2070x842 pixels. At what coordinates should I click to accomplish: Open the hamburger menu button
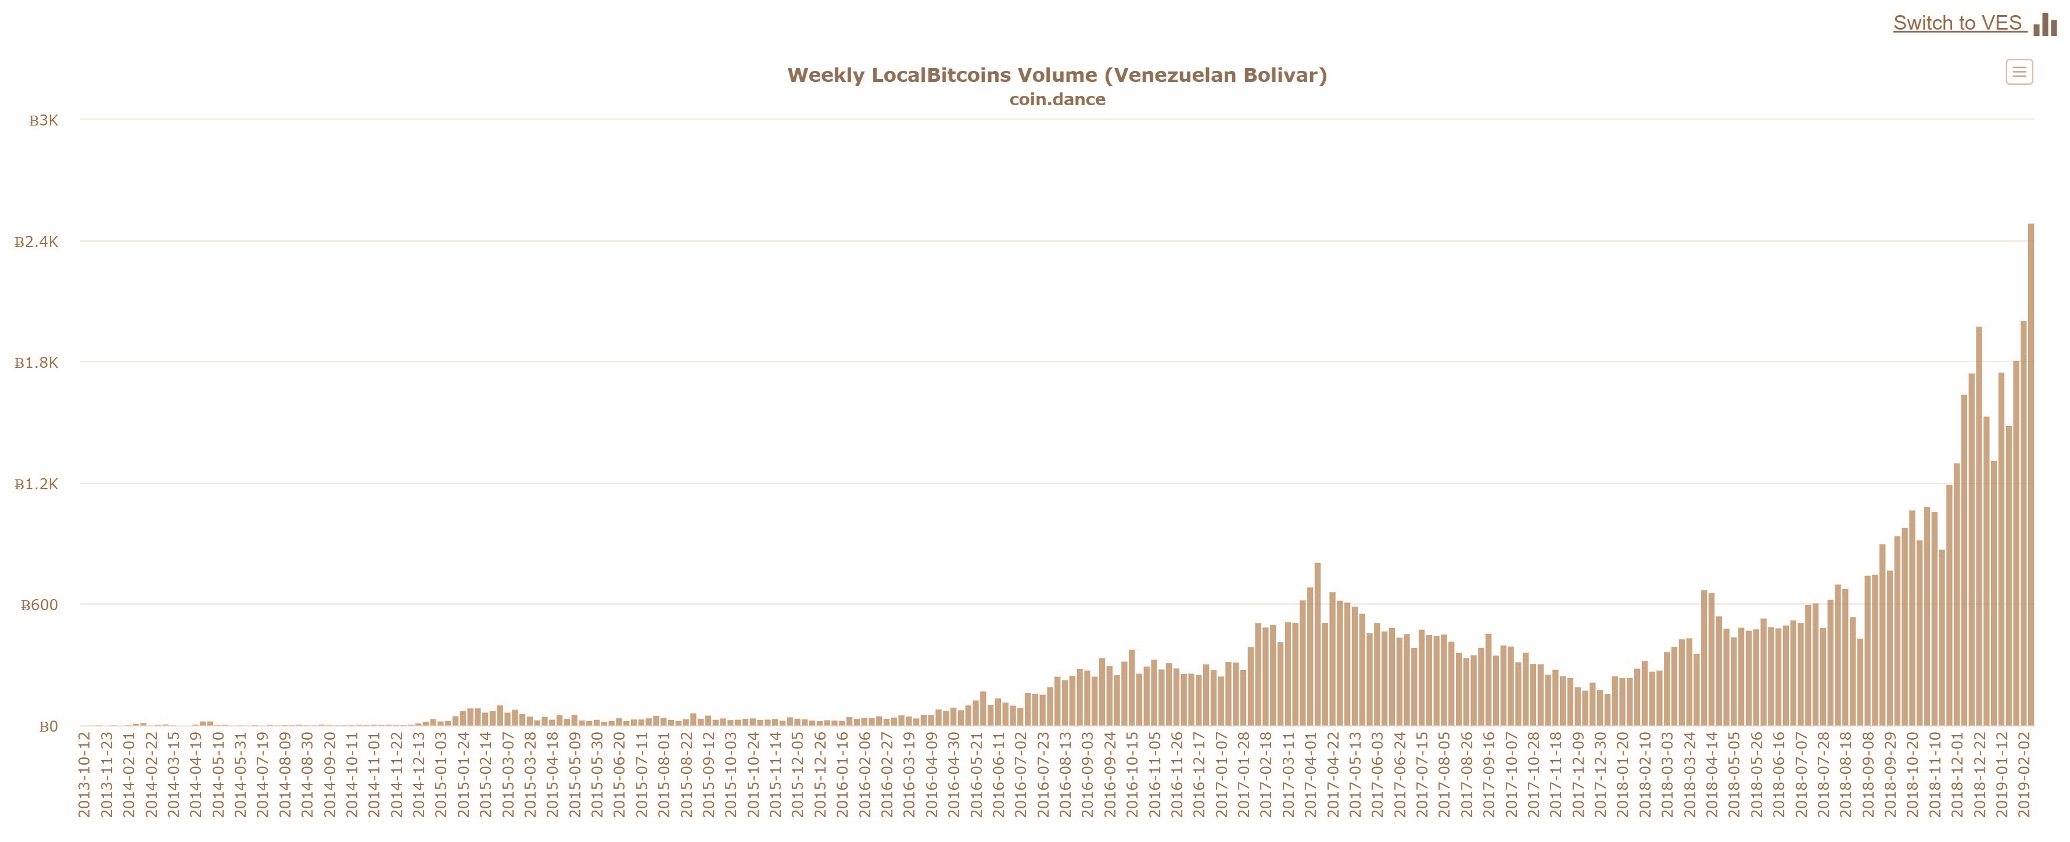[x=2018, y=72]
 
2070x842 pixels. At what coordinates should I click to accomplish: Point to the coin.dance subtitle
[x=1057, y=99]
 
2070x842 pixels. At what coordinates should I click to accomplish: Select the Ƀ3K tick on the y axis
[x=44, y=120]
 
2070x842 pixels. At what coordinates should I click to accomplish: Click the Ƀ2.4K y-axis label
[x=37, y=242]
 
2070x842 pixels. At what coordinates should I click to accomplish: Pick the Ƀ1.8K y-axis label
[x=37, y=363]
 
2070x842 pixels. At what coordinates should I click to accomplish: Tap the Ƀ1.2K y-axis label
[x=37, y=485]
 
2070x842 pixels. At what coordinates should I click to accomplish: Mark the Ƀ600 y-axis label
[x=40, y=605]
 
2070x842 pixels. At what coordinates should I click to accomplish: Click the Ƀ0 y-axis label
[x=48, y=726]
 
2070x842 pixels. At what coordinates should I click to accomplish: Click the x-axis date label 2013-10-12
[x=84, y=773]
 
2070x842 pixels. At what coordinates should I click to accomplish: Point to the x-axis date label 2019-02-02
[x=2024, y=773]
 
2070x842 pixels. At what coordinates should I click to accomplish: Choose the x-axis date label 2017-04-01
[x=1310, y=773]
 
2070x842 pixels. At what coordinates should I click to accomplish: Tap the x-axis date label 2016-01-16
[x=842, y=773]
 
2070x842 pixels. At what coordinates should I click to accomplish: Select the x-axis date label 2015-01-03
[x=440, y=773]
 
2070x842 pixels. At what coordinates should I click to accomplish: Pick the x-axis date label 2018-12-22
[x=1979, y=773]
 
